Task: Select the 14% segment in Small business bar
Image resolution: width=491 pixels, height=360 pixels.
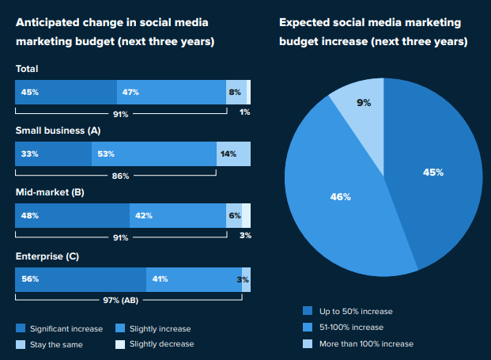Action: click(233, 153)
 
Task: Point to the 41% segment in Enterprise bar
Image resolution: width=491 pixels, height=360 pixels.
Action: click(194, 279)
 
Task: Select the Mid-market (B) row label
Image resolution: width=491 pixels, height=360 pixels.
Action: click(49, 192)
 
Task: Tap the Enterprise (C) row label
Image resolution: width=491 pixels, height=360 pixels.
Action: click(47, 256)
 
